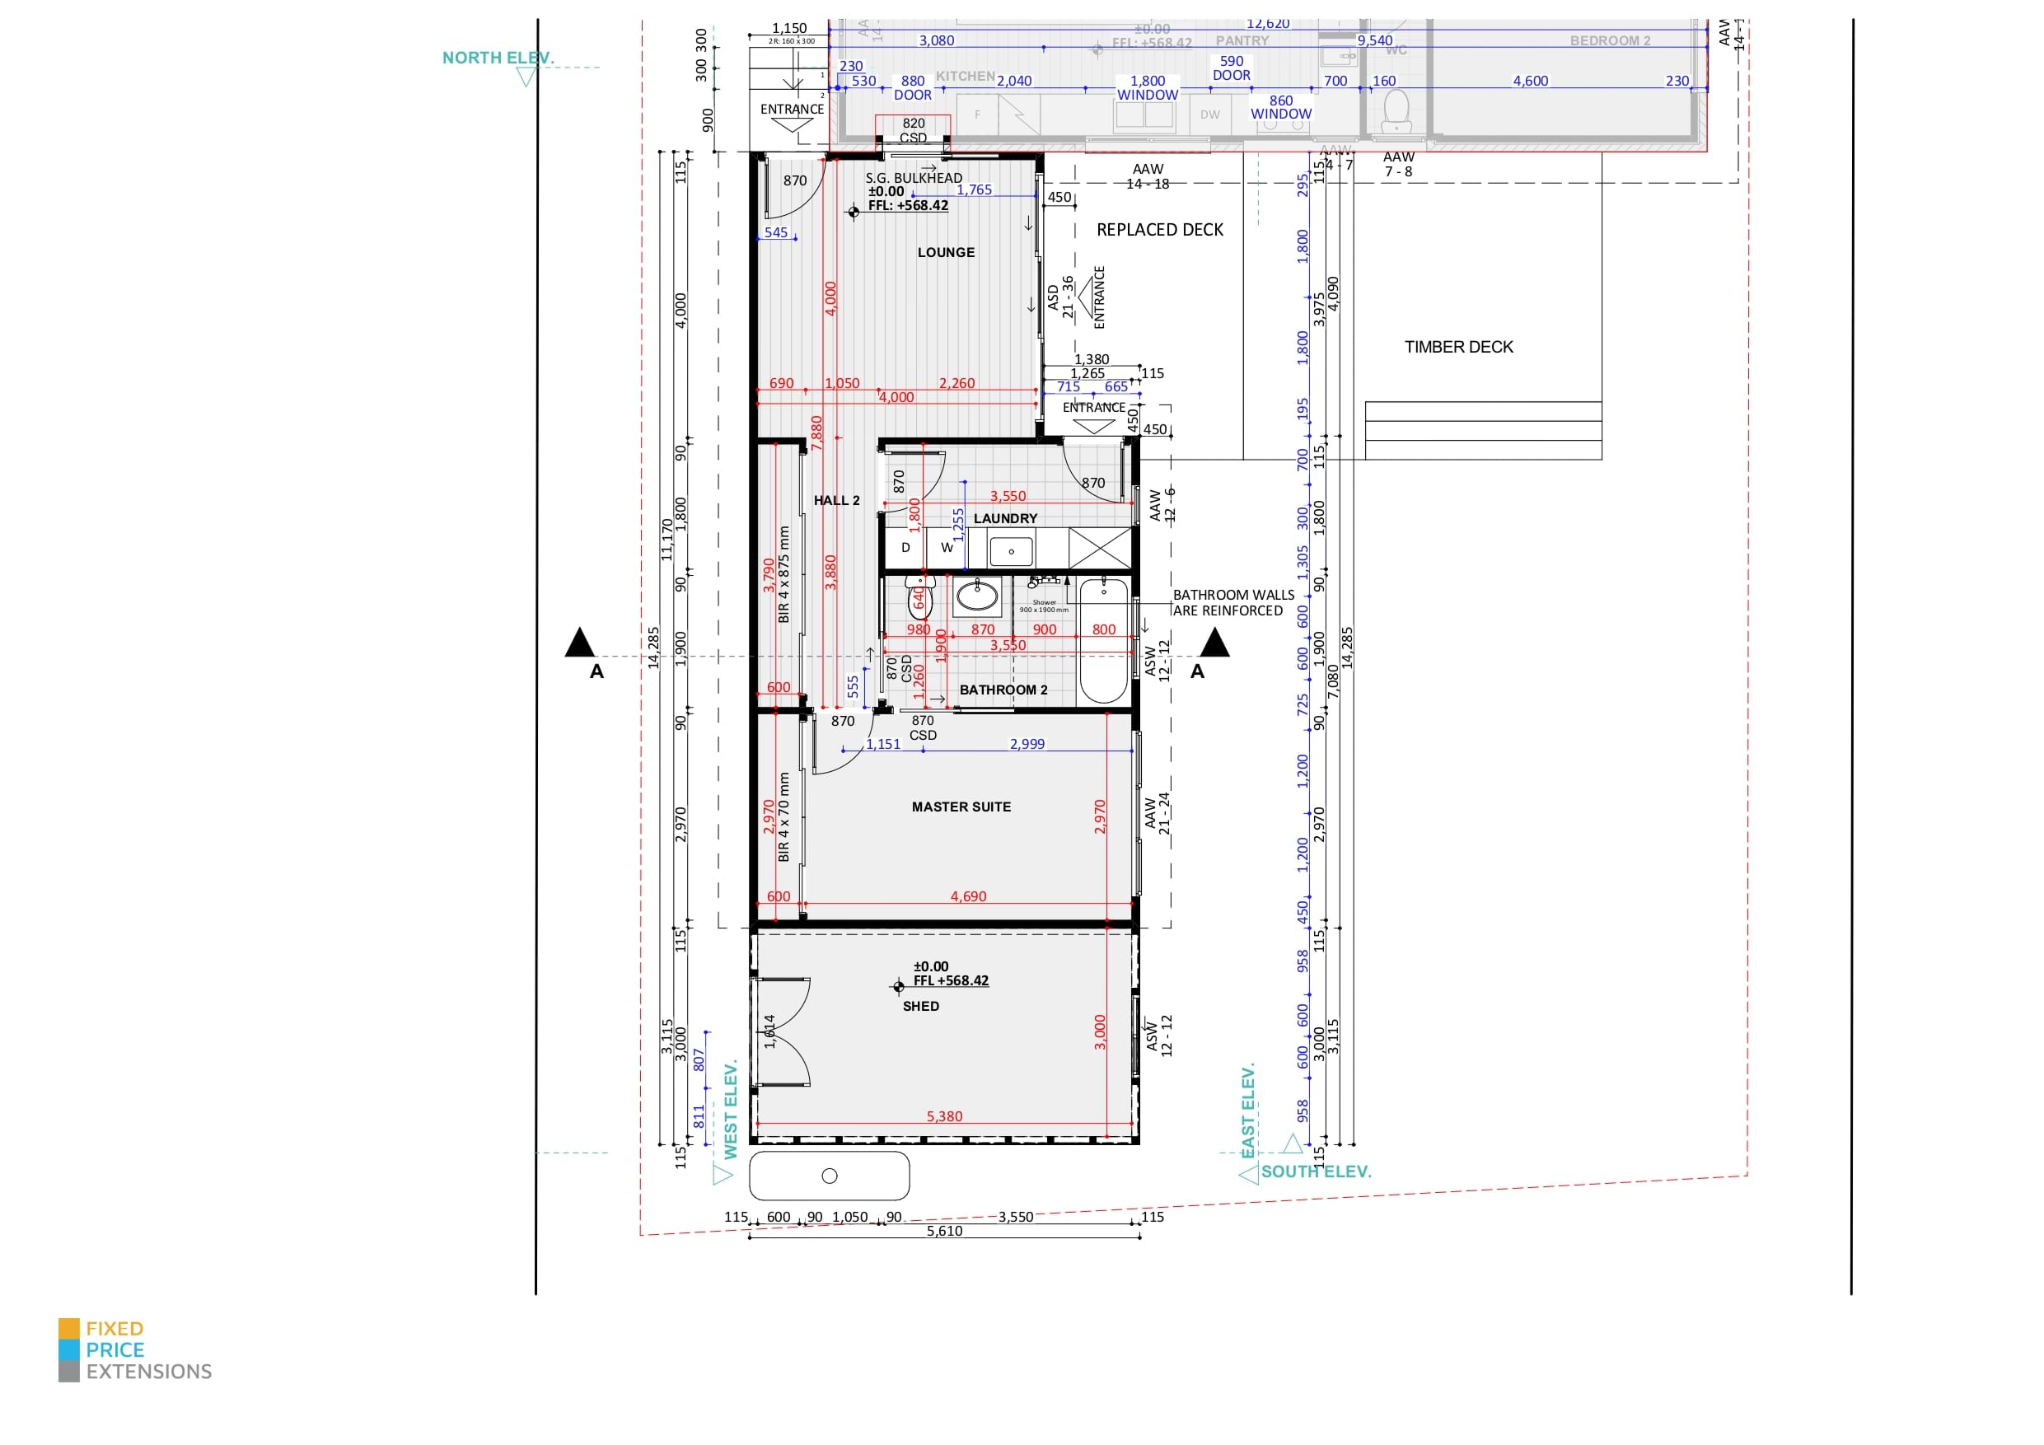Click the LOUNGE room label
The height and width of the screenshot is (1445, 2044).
click(946, 253)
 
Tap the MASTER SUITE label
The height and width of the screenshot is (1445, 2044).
click(961, 807)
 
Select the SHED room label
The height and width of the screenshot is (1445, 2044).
click(920, 1006)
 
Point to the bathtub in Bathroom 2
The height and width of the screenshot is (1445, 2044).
click(1104, 641)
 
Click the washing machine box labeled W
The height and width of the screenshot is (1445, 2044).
click(947, 548)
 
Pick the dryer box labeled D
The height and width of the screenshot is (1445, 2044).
click(905, 548)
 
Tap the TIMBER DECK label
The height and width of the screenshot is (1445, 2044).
click(1458, 347)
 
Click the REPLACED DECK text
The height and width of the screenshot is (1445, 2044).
click(1159, 230)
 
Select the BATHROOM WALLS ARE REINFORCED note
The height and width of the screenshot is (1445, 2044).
click(1232, 603)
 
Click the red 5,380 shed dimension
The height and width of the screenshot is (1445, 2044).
click(943, 1116)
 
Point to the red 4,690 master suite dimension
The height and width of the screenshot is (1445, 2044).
click(968, 896)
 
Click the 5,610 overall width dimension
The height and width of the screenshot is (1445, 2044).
click(943, 1232)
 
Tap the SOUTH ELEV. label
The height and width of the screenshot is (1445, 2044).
click(1315, 1171)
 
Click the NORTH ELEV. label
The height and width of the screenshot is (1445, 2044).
click(498, 58)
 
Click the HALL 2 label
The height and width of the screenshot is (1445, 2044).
click(836, 500)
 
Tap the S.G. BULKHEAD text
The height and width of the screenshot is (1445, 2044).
click(914, 178)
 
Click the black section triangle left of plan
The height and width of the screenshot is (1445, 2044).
click(579, 642)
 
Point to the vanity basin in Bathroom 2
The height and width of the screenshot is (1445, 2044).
click(976, 596)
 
